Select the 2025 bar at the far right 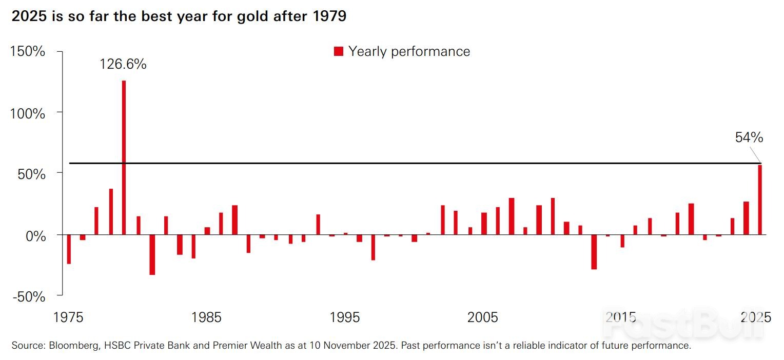pos(760,199)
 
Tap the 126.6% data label pos(123,65)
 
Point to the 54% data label pos(749,137)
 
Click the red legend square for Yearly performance pos(339,51)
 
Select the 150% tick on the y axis pos(28,52)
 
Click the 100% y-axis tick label pos(28,113)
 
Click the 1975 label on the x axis pos(68,317)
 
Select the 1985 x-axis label pos(207,317)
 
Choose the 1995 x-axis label pos(345,317)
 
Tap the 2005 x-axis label pos(483,317)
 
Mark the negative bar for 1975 pos(69,249)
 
